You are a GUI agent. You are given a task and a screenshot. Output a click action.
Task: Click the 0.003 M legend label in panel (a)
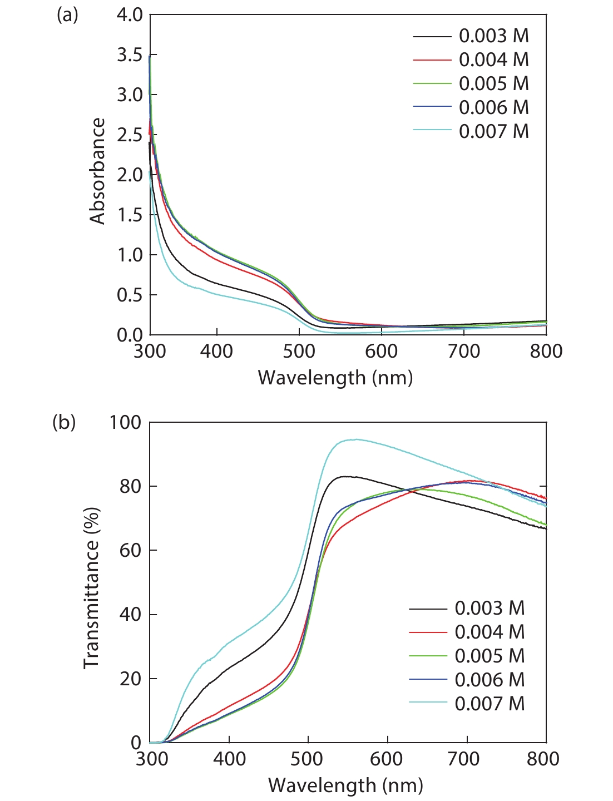click(493, 36)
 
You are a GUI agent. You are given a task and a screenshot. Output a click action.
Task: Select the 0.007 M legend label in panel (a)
click(493, 132)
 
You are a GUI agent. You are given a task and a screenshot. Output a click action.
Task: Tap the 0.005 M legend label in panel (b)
click(490, 656)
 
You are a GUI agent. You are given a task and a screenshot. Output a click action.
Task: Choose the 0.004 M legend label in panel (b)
click(490, 632)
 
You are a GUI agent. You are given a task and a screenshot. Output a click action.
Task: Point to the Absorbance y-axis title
click(97, 171)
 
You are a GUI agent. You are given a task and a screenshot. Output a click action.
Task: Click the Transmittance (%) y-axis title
click(92, 588)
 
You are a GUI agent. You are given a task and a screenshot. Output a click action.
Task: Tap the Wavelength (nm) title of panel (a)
click(335, 378)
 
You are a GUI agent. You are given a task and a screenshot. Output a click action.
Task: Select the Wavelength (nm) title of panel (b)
click(345, 785)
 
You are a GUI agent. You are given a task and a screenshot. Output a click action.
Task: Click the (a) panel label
click(67, 16)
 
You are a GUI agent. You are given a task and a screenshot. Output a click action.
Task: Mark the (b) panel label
click(64, 423)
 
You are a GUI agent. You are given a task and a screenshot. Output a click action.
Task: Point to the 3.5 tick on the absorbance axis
click(130, 55)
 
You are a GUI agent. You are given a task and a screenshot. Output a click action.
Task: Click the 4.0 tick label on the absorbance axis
click(130, 15)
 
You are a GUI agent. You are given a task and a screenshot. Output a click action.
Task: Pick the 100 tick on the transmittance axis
click(125, 422)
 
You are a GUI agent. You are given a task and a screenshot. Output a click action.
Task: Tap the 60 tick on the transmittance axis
click(131, 550)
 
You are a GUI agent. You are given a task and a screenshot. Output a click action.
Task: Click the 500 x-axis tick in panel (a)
click(299, 352)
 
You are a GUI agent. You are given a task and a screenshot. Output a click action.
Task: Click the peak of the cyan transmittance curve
click(354, 439)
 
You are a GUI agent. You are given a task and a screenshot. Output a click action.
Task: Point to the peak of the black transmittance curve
click(346, 476)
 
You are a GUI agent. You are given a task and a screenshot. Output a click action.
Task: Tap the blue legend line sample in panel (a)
click(432, 108)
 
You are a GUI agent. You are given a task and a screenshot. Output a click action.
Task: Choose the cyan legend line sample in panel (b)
click(428, 704)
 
